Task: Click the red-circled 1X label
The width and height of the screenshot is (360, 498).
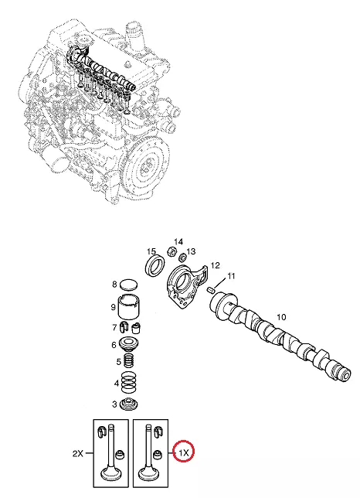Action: pyautogui.click(x=184, y=453)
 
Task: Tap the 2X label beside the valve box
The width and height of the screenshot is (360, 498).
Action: pyautogui.click(x=78, y=453)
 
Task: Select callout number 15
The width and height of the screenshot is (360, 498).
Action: pyautogui.click(x=151, y=252)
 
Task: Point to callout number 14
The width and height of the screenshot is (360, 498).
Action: pyautogui.click(x=178, y=242)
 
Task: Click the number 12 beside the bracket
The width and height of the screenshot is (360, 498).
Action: pyautogui.click(x=215, y=265)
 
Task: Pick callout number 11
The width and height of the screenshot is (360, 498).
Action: pyautogui.click(x=231, y=276)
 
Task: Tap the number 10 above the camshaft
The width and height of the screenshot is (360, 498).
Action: pyautogui.click(x=281, y=316)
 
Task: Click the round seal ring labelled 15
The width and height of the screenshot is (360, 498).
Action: pyautogui.click(x=155, y=265)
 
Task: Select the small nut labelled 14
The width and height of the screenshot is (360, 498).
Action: pyautogui.click(x=172, y=252)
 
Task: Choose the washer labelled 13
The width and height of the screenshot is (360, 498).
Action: pyautogui.click(x=182, y=256)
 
